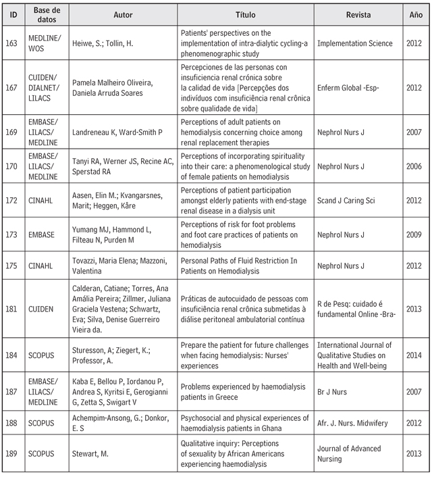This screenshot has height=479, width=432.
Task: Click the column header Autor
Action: [124, 14]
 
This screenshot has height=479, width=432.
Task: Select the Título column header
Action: [245, 14]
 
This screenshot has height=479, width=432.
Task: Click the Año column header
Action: [416, 14]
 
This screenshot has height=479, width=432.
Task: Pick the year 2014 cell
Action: [416, 354]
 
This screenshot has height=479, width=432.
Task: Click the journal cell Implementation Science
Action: [354, 43]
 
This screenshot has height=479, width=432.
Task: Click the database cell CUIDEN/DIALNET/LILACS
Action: [45, 88]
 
